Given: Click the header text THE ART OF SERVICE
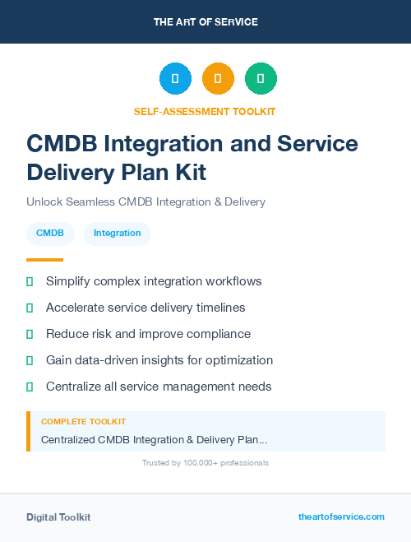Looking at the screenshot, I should point(205,22).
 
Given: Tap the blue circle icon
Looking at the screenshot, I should point(175,78).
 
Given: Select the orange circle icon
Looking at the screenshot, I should point(218,78).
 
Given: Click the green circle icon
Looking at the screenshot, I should point(261,78).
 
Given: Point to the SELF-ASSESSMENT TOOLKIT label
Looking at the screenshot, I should point(205,111).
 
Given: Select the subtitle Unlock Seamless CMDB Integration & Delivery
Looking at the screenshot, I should point(145,202).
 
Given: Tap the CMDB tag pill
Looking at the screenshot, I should point(50,234).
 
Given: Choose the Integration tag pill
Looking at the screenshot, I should point(117,234).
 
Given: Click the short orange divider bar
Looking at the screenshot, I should point(44,260).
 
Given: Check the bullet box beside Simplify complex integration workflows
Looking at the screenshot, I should point(30,282).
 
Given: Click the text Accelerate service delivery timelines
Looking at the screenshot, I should point(145,308).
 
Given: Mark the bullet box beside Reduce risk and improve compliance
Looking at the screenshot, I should point(30,335).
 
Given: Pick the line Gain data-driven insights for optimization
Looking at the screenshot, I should point(159,360).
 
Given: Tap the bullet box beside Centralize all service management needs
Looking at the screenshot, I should point(30,387).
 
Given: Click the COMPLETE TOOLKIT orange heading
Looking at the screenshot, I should point(83,421).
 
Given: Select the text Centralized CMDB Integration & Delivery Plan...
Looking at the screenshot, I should point(154,440).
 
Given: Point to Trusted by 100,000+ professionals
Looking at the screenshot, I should point(205,463).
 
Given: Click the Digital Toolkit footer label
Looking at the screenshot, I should point(58,517).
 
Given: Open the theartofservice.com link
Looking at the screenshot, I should point(341,517).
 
